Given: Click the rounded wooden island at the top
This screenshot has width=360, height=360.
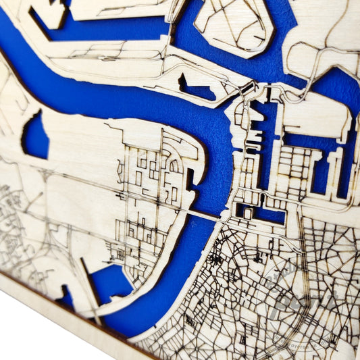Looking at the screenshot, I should (x=233, y=24).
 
